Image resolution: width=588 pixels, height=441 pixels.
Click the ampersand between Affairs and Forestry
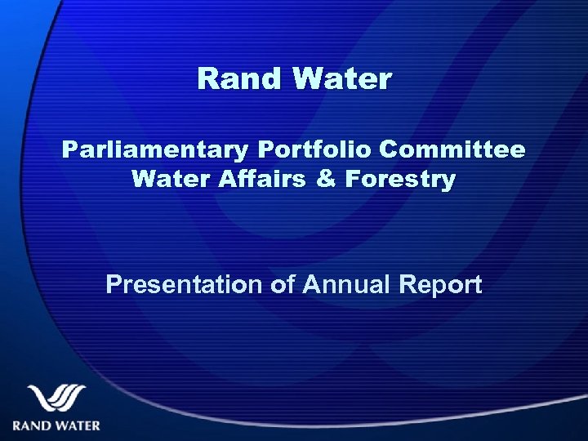click(x=324, y=179)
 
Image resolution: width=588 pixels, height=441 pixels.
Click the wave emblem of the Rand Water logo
click(x=56, y=399)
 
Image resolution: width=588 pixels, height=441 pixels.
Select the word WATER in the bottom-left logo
click(x=78, y=425)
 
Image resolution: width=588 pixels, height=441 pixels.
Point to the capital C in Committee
click(x=389, y=151)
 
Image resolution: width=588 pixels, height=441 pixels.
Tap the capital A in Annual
click(x=311, y=285)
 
